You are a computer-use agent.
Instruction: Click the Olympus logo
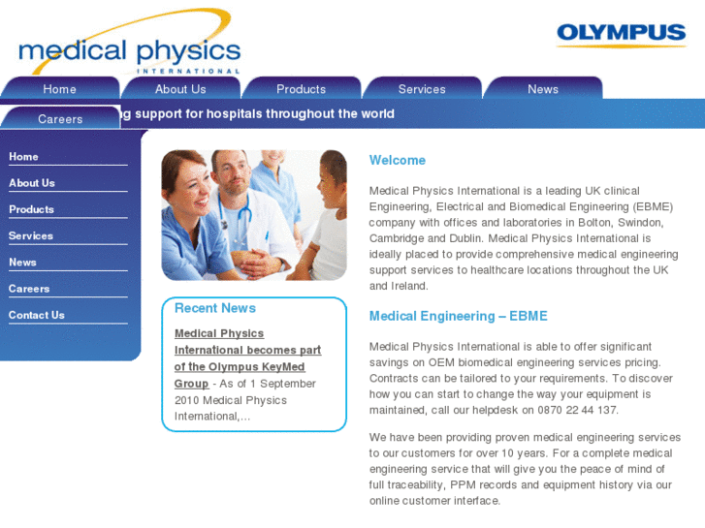coord(621,35)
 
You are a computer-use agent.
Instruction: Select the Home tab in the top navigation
coord(59,89)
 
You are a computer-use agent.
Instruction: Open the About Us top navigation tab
coord(180,89)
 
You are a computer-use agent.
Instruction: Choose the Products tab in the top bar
coord(301,89)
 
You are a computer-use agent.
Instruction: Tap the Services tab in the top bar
coord(422,89)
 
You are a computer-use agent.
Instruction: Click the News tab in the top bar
coord(543,89)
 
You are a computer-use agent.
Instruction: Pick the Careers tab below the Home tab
coord(60,119)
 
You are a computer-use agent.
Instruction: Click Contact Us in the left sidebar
coord(37,315)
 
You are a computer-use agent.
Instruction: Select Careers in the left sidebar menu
coord(29,289)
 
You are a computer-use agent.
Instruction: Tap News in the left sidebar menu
coord(22,263)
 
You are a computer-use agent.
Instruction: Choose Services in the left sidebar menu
coord(31,235)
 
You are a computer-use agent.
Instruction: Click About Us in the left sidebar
coord(32,183)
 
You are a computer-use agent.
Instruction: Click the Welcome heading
coord(398,160)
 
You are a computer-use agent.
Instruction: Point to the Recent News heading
coord(215,308)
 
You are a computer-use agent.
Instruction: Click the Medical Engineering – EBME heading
coord(458,316)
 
